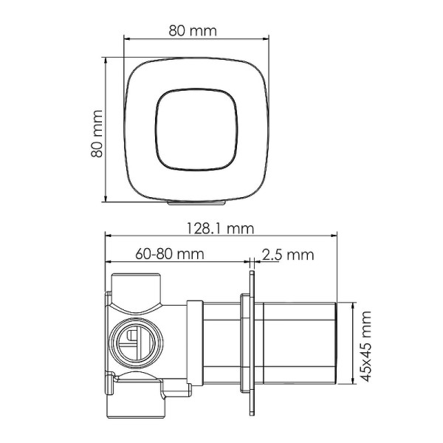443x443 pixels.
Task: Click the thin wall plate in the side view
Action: click(x=253, y=344)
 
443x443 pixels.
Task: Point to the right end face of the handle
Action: click(x=337, y=344)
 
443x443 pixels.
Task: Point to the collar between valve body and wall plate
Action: click(x=196, y=344)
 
